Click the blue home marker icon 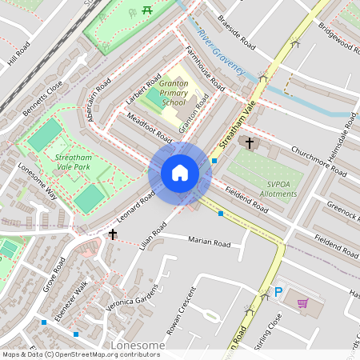pos(180,173)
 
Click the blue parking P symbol pos(278,294)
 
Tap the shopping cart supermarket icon pos(302,303)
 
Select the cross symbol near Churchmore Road pos(250,143)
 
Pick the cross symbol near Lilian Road pos(113,234)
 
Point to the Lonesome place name pos(138,346)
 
